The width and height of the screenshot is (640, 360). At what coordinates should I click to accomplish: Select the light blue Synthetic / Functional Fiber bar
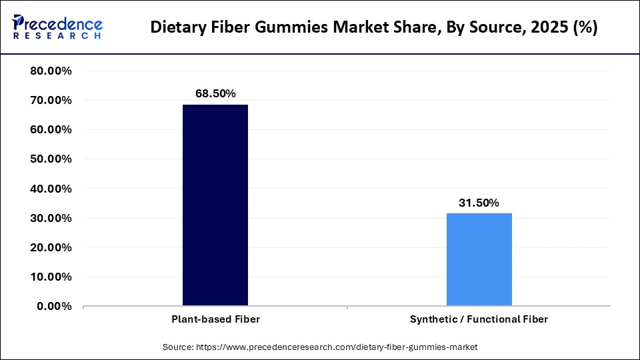coord(479,259)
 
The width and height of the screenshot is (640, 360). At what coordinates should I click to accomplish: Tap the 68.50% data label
coord(215,94)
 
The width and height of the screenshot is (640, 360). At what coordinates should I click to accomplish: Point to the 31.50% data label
coord(479,203)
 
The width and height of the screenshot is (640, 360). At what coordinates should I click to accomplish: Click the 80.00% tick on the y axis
coord(51,71)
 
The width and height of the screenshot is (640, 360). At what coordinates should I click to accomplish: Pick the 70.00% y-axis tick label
coord(51,101)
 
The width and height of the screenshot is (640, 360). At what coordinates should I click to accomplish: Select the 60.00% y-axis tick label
coord(51,130)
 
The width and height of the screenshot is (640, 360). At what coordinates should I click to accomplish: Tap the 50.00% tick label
coord(51,159)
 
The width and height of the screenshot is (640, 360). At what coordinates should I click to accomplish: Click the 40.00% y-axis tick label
coord(51,189)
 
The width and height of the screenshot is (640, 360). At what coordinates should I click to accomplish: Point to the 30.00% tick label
coord(51,218)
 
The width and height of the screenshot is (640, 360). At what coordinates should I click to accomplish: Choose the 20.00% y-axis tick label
coord(51,247)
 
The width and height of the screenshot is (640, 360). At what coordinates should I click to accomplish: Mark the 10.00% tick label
coord(51,277)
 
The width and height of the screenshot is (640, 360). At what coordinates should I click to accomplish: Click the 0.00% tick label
coord(55,306)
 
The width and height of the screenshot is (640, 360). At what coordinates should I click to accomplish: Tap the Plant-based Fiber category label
coord(215,319)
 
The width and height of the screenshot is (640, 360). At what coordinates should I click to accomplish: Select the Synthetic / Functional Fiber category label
coord(479,319)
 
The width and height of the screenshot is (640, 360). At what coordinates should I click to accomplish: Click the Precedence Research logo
coord(57,27)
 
